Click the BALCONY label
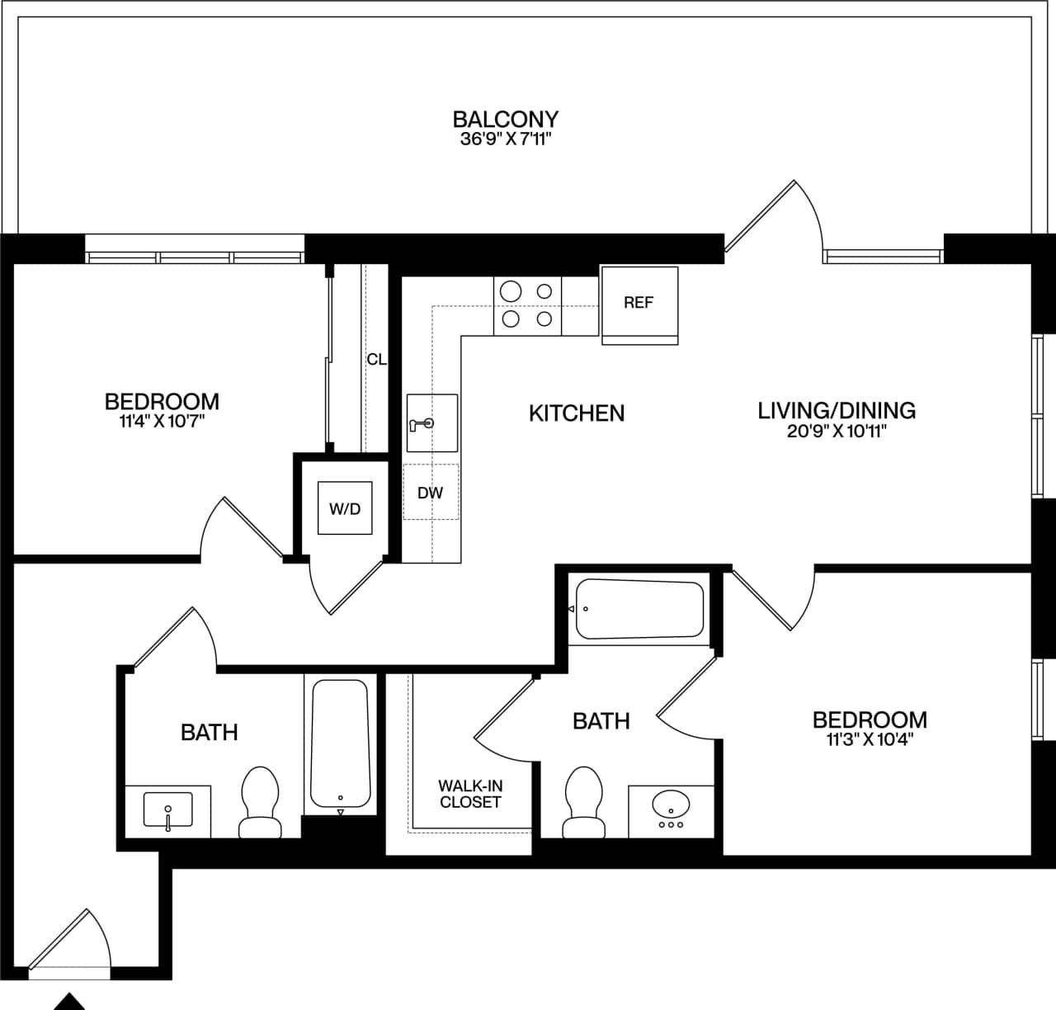point(505,119)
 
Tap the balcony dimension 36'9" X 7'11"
point(505,139)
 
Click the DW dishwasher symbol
point(430,493)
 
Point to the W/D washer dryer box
point(345,508)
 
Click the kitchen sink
point(431,423)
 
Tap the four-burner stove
point(527,305)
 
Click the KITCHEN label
point(576,413)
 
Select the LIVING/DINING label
point(836,410)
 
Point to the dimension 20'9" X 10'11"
point(836,431)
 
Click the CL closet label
point(376,360)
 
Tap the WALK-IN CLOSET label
point(470,794)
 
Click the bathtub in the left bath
point(340,743)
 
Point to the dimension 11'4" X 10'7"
point(162,422)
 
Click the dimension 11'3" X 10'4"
point(870,739)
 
